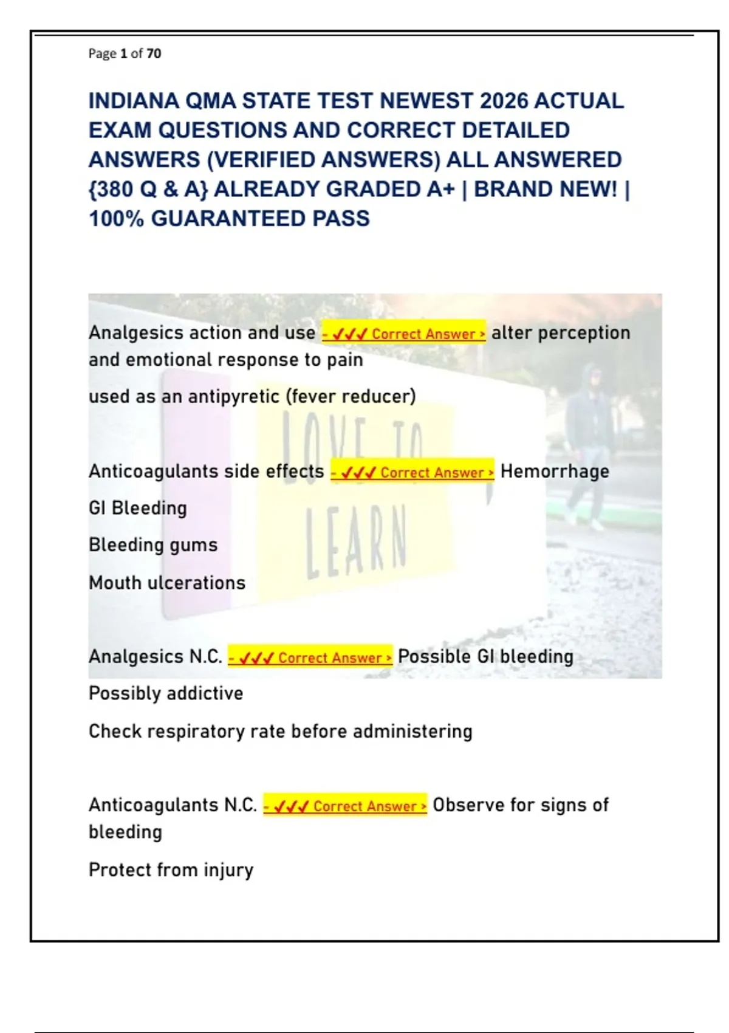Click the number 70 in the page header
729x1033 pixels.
coord(154,53)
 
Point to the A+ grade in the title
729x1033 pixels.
coord(440,190)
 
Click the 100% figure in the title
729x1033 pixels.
coord(116,219)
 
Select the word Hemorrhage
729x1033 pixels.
coord(554,472)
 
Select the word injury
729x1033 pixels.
coord(228,870)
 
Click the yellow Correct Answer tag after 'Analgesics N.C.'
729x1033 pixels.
coord(310,657)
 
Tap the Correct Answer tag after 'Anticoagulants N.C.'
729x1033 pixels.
coord(344,806)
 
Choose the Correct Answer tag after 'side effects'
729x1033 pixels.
coord(412,472)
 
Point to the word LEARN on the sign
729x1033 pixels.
coord(355,541)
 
